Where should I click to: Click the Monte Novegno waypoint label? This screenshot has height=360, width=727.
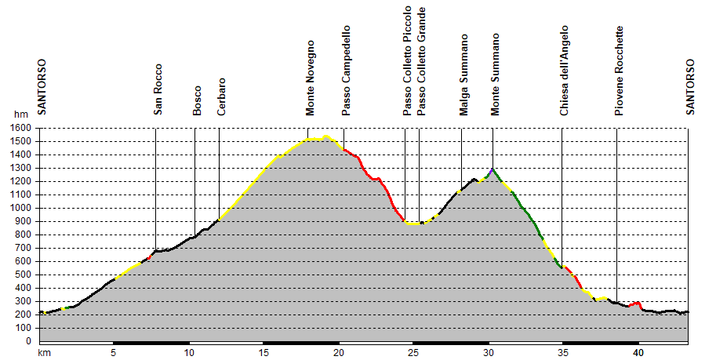click(x=311, y=78)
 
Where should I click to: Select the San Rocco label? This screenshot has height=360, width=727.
click(x=158, y=89)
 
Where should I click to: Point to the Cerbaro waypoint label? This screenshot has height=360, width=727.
click(x=222, y=96)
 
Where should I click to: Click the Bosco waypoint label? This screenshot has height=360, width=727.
click(x=198, y=100)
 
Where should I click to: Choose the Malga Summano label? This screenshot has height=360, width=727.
click(x=464, y=75)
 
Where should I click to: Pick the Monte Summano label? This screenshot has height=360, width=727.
click(x=495, y=75)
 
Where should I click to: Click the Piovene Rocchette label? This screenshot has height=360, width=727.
click(x=620, y=71)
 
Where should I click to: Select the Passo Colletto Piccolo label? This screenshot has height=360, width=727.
click(x=408, y=62)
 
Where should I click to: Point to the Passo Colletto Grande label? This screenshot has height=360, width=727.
click(x=422, y=62)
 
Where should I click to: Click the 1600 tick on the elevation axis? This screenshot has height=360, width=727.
click(x=21, y=128)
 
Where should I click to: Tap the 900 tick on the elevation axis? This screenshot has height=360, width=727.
click(x=24, y=221)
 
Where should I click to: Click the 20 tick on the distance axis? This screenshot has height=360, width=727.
click(x=339, y=353)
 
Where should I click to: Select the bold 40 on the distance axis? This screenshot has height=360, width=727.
click(x=638, y=353)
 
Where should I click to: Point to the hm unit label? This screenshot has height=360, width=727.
click(x=21, y=115)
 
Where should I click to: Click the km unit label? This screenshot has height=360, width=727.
click(x=45, y=353)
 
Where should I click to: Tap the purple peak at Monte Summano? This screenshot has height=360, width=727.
click(x=492, y=169)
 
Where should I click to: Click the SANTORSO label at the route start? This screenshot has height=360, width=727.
click(x=42, y=87)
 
